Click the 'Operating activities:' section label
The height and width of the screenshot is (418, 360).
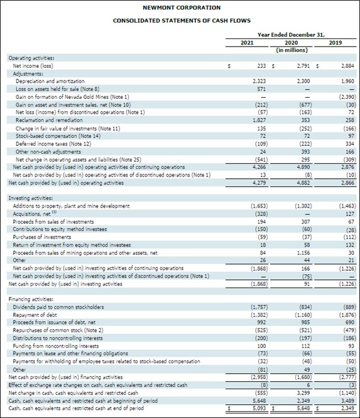[32, 59]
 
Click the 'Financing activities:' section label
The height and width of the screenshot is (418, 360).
[31, 300]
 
